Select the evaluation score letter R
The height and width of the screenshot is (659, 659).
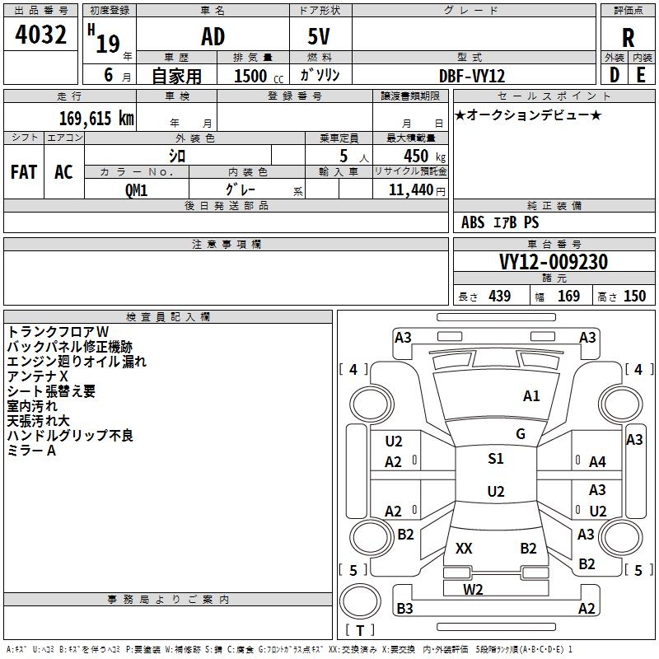point(628,38)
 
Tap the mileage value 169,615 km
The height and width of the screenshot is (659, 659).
point(96,118)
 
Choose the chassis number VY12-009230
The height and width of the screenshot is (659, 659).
point(553,262)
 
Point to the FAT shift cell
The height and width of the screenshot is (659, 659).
point(23,171)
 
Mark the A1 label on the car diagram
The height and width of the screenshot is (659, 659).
point(531,396)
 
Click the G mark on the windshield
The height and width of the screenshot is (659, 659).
point(521,434)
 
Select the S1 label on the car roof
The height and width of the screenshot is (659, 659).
point(495,459)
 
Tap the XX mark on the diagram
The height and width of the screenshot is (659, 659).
point(464,548)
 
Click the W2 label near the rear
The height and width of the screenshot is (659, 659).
point(473,589)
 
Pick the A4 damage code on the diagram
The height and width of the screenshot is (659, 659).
point(597,462)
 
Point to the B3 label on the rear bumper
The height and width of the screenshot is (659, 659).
point(404,609)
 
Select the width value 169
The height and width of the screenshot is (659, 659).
point(568,296)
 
